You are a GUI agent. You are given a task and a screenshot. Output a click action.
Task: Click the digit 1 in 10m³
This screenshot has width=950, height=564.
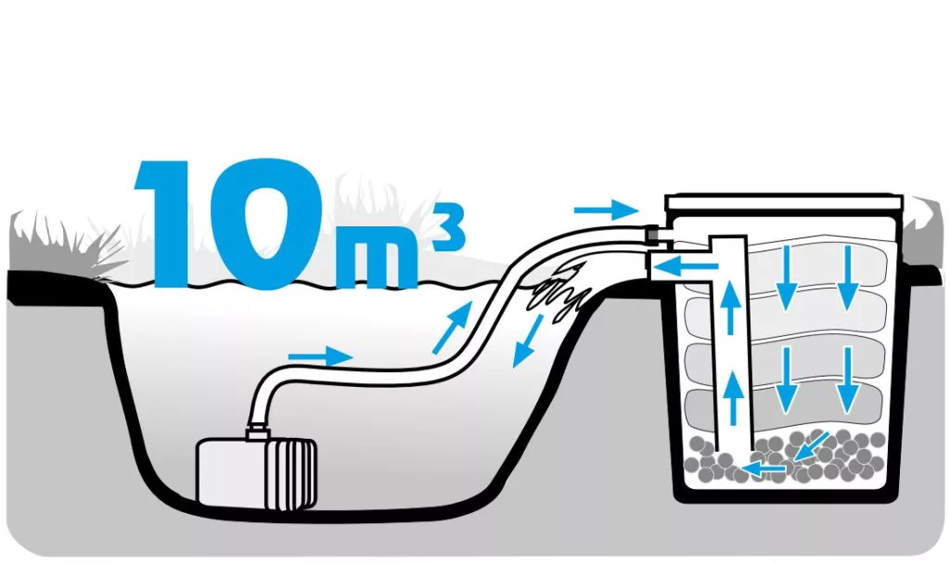[170, 222]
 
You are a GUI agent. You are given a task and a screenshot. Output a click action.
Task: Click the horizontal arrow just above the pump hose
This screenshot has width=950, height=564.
[320, 355]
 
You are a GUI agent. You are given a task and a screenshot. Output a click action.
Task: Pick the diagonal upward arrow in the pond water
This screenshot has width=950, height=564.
[452, 327]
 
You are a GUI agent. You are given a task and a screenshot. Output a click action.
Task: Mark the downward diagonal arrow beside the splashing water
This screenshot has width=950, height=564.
[527, 341]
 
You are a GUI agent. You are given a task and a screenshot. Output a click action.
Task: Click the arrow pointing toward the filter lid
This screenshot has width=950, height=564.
[607, 210]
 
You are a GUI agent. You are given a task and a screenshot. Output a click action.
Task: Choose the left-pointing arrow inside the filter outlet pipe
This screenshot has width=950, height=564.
[687, 266]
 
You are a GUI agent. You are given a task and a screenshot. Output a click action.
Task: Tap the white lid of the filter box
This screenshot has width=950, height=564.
[784, 202]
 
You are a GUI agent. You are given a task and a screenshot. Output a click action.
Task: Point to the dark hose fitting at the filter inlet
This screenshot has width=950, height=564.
[653, 233]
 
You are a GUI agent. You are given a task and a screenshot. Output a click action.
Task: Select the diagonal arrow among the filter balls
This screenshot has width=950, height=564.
[811, 447]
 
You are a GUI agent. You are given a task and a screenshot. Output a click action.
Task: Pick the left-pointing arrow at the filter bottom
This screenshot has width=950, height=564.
[764, 468]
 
